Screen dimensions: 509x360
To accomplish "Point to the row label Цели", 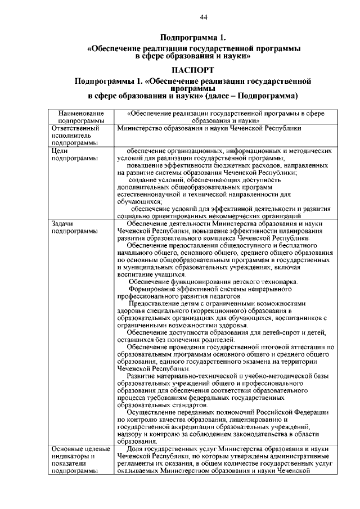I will (59, 151).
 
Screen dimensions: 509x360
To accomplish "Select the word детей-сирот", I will (296, 333).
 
